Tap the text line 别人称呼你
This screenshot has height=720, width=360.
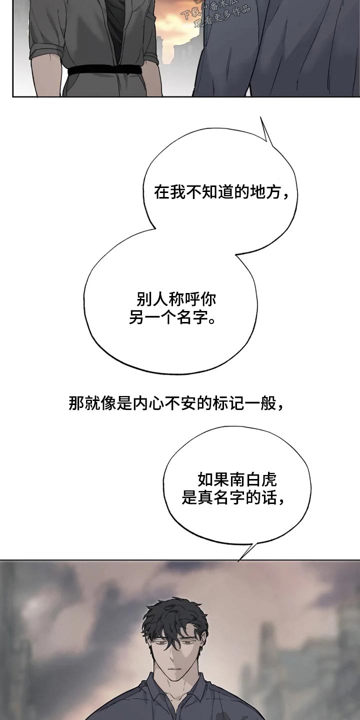(x=176, y=300)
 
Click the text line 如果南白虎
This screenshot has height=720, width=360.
(x=237, y=480)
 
